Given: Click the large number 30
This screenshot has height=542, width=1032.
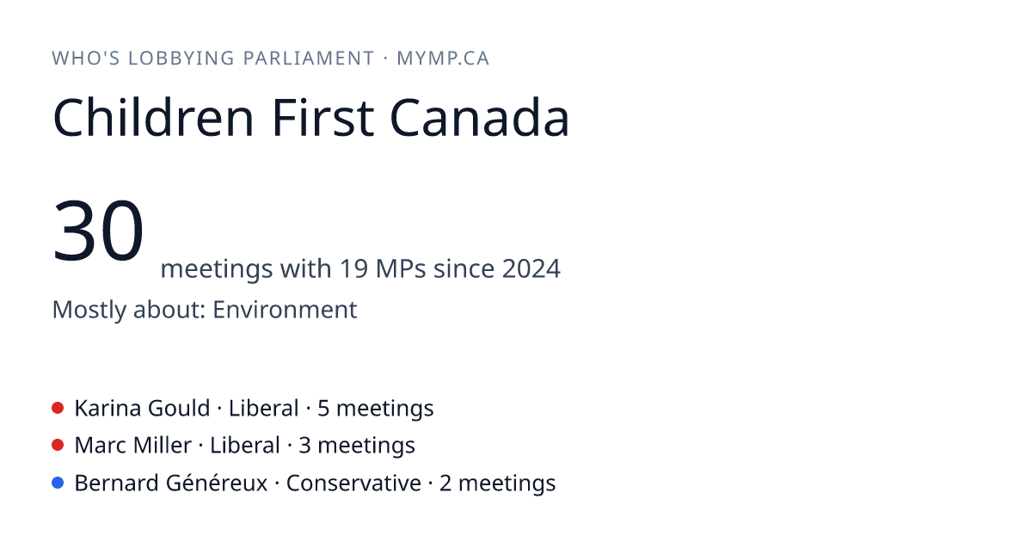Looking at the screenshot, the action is click(x=98, y=230).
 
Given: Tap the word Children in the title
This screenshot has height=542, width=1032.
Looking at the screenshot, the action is click(x=153, y=118).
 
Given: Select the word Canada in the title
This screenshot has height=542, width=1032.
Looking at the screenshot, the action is click(x=480, y=118).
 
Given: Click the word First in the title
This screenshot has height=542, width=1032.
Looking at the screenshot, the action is click(x=323, y=118).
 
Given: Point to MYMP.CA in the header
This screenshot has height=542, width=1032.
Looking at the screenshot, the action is click(x=443, y=59).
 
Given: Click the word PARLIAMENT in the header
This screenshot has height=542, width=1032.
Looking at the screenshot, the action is click(x=309, y=59).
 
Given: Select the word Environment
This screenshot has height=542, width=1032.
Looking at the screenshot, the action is click(x=285, y=309).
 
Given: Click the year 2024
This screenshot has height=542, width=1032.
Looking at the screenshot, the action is click(x=531, y=268).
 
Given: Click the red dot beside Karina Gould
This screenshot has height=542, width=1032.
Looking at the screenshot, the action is click(x=58, y=408).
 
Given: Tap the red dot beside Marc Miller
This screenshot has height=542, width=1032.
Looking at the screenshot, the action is click(x=58, y=446).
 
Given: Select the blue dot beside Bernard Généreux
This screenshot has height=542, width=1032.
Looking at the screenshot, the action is click(x=58, y=483).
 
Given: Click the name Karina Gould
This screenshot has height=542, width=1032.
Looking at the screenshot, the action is click(x=143, y=409).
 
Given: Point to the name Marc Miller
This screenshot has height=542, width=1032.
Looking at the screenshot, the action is click(x=133, y=446).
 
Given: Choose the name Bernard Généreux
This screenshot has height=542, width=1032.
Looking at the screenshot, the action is click(x=171, y=483).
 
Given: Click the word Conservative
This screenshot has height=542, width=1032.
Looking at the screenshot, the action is click(x=353, y=483).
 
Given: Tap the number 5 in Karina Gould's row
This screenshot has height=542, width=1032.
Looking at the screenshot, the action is click(x=323, y=409).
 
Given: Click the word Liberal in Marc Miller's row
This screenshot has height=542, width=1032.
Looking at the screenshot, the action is click(x=245, y=446).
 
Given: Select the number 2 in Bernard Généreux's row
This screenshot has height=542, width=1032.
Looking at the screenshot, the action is click(x=445, y=483).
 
